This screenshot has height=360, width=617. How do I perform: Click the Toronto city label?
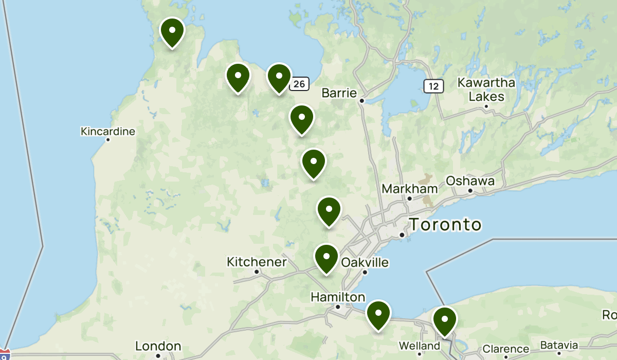(445, 225)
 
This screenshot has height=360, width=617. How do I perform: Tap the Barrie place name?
(339, 93)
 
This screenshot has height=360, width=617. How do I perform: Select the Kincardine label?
(108, 132)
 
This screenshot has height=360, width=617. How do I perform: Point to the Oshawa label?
(470, 181)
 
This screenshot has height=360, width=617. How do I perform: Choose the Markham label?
(409, 189)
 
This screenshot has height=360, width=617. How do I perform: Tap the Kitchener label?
(257, 262)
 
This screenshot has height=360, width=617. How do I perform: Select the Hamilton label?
(338, 297)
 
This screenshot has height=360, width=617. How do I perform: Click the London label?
(158, 346)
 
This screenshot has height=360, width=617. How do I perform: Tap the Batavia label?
(559, 345)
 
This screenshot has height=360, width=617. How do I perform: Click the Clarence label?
(506, 349)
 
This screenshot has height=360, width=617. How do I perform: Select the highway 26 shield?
(299, 83)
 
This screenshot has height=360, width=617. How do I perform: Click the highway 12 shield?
(434, 86)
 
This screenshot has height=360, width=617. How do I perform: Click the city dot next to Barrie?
(362, 101)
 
